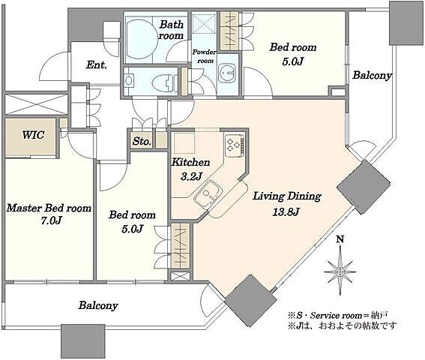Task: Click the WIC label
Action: pos(33,135)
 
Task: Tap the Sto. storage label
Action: pos(142,141)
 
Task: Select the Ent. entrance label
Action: pos(97,64)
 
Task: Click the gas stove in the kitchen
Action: pos(235,145)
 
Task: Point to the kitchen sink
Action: pos(208,195)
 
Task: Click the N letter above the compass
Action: pos(340,239)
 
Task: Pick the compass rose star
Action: pos(340,271)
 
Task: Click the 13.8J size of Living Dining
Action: pos(286,211)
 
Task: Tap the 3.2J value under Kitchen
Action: pos(191,176)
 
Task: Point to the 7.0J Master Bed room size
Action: pos(51,220)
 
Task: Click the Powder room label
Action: pos(205,56)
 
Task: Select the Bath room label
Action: pos(171,30)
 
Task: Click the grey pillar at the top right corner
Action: pos(406,22)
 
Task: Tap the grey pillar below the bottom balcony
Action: pos(82,341)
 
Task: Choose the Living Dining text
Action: pos(287,196)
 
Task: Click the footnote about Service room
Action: pos(338,316)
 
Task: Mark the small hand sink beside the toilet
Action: pos(129,80)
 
